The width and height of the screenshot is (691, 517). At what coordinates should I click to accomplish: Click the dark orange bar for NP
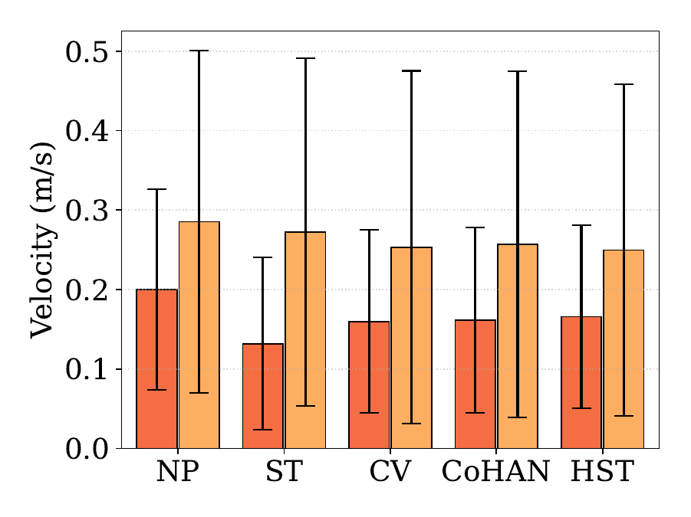[x=157, y=368]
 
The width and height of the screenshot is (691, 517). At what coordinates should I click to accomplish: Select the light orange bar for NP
[x=199, y=335]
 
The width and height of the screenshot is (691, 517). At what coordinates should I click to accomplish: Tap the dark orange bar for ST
[x=263, y=396]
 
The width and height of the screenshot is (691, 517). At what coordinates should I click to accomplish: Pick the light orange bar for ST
[x=305, y=340]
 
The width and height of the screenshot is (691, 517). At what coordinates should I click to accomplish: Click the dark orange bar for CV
[x=370, y=385]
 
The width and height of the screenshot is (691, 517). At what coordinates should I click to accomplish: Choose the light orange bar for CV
[x=412, y=348]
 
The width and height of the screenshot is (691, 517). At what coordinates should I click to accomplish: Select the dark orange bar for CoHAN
[x=475, y=384]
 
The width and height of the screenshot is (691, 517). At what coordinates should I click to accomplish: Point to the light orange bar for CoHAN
[x=518, y=346]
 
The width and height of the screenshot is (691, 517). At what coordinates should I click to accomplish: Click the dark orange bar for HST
[x=581, y=382]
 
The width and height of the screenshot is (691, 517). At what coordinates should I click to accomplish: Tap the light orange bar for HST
[x=624, y=349]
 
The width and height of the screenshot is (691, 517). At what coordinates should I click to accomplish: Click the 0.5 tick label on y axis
[x=87, y=52]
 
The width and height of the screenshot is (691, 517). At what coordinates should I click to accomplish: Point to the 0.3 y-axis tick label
[x=87, y=211]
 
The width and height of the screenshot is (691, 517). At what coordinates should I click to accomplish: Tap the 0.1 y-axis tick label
[x=87, y=370]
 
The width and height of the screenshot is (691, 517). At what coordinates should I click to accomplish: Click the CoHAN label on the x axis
[x=495, y=471]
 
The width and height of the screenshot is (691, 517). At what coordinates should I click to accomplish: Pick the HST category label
[x=603, y=471]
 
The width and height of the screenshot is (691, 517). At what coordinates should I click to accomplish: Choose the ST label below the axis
[x=285, y=471]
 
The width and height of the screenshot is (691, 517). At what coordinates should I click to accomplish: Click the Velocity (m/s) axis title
[x=43, y=241]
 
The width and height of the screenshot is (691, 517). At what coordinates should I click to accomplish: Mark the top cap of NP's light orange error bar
[x=199, y=51]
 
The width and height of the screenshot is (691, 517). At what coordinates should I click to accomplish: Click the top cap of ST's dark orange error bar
[x=263, y=257]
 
